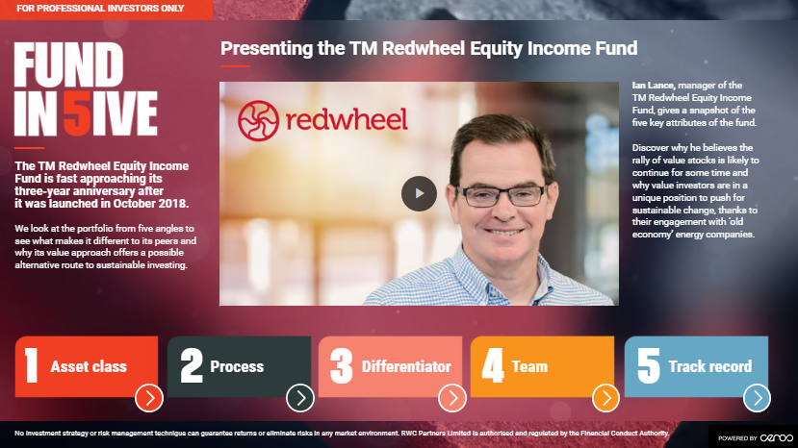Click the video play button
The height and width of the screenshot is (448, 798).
pyautogui.click(x=419, y=194)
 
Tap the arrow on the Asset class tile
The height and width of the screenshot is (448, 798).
pyautogui.click(x=149, y=398)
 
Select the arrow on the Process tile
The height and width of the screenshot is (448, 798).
pyautogui.click(x=300, y=398)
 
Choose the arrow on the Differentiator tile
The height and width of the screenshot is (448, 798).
pyautogui.click(x=452, y=398)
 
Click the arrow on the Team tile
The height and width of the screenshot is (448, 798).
pyautogui.click(x=605, y=398)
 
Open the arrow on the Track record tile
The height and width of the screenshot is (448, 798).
pyautogui.click(x=757, y=398)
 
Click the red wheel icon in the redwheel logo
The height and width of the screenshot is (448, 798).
pyautogui.click(x=259, y=120)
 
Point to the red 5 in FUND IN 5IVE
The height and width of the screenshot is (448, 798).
pyautogui.click(x=77, y=113)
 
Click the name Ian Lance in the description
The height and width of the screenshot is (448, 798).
pyautogui.click(x=653, y=86)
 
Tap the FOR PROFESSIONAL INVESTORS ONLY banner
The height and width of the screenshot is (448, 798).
pyautogui.click(x=100, y=9)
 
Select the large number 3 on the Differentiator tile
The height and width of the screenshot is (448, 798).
pyautogui.click(x=341, y=365)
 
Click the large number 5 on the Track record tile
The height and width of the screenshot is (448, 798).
pyautogui.click(x=649, y=365)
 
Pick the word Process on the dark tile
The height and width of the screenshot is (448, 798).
pyautogui.click(x=237, y=366)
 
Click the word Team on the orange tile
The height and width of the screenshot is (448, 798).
pyautogui.click(x=529, y=366)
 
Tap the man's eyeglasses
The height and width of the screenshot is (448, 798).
pyautogui.click(x=501, y=196)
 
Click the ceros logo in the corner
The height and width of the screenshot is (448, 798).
pyautogui.click(x=777, y=437)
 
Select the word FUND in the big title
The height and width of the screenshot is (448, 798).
pyautogui.click(x=68, y=64)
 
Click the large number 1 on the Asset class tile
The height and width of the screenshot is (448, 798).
pyautogui.click(x=32, y=365)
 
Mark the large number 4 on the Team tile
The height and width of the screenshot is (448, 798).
pyautogui.click(x=493, y=365)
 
